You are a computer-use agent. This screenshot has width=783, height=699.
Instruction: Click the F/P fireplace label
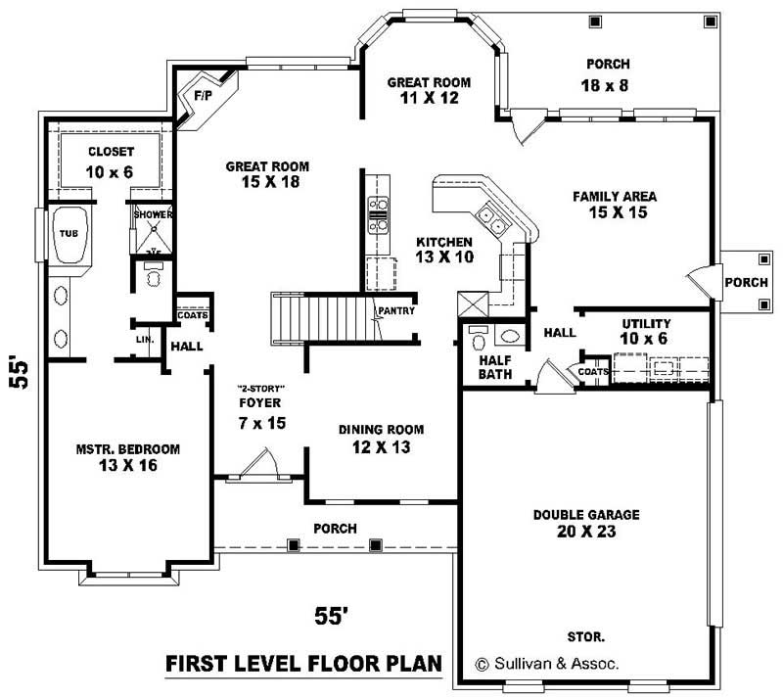204,96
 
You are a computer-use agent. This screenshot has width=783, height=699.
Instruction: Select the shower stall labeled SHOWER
152,229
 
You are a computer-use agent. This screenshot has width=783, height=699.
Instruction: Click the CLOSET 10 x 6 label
111,162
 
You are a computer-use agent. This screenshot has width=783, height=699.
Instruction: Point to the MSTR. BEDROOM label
128,457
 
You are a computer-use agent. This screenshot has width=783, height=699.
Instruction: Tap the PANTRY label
397,311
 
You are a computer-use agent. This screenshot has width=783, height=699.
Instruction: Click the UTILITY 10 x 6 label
646,331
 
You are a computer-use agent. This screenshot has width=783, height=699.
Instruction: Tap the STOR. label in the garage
585,635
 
